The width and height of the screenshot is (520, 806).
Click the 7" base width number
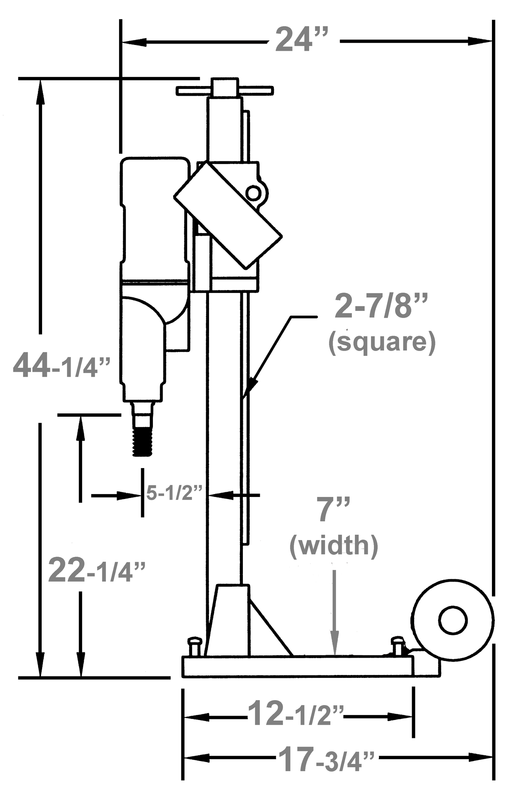click(333, 509)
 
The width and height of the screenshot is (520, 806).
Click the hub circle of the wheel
click(453, 620)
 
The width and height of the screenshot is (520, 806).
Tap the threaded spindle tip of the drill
click(143, 441)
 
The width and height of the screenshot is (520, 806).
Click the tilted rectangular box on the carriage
click(227, 215)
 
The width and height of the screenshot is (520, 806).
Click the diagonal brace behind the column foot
click(271, 626)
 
